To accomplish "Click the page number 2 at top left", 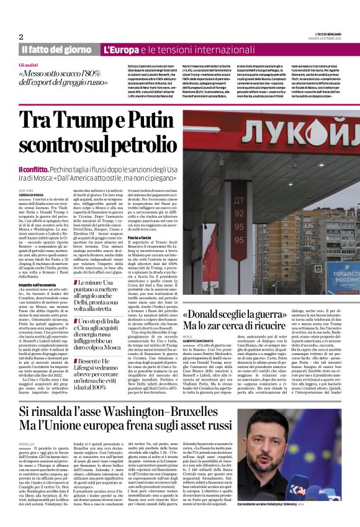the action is [x=20, y=36].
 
